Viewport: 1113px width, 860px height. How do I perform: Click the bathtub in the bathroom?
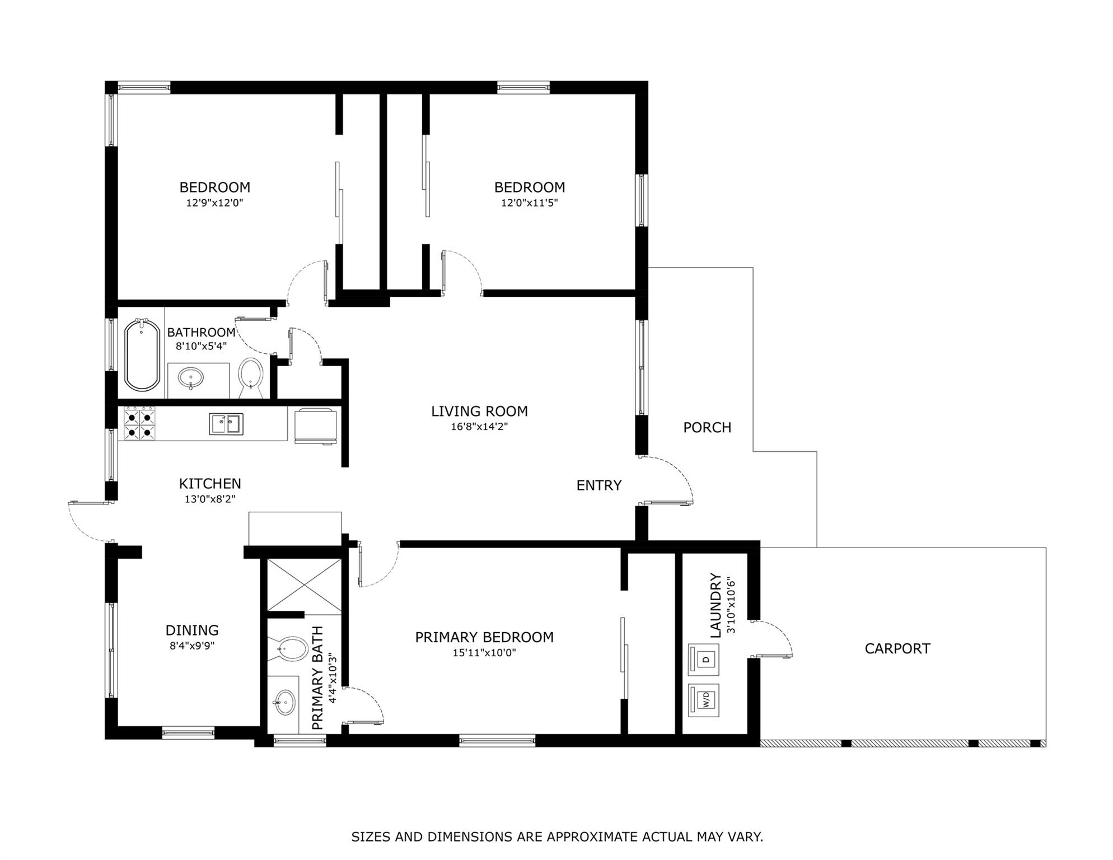pos(142,354)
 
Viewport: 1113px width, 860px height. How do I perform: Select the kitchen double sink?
pos(226,424)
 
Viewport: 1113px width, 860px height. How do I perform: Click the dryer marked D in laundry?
pos(703,660)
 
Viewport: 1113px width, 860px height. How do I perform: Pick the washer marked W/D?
pos(703,699)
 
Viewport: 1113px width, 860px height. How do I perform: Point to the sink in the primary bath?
pos(285,701)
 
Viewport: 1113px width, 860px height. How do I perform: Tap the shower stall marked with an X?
pos(304,585)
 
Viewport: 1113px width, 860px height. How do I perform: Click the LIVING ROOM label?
pos(479,412)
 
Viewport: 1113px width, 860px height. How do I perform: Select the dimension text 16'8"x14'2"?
pos(479,427)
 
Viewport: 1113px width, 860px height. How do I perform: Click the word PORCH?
pos(707,428)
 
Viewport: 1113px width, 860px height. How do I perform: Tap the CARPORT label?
pos(897,649)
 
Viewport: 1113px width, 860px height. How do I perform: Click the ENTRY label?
pos(598,485)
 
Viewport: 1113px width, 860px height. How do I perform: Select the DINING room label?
pos(192,630)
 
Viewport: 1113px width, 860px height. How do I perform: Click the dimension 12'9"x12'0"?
pos(214,203)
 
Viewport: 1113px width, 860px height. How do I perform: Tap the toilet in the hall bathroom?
pos(251,373)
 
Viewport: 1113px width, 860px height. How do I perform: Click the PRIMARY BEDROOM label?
pos(484,637)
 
